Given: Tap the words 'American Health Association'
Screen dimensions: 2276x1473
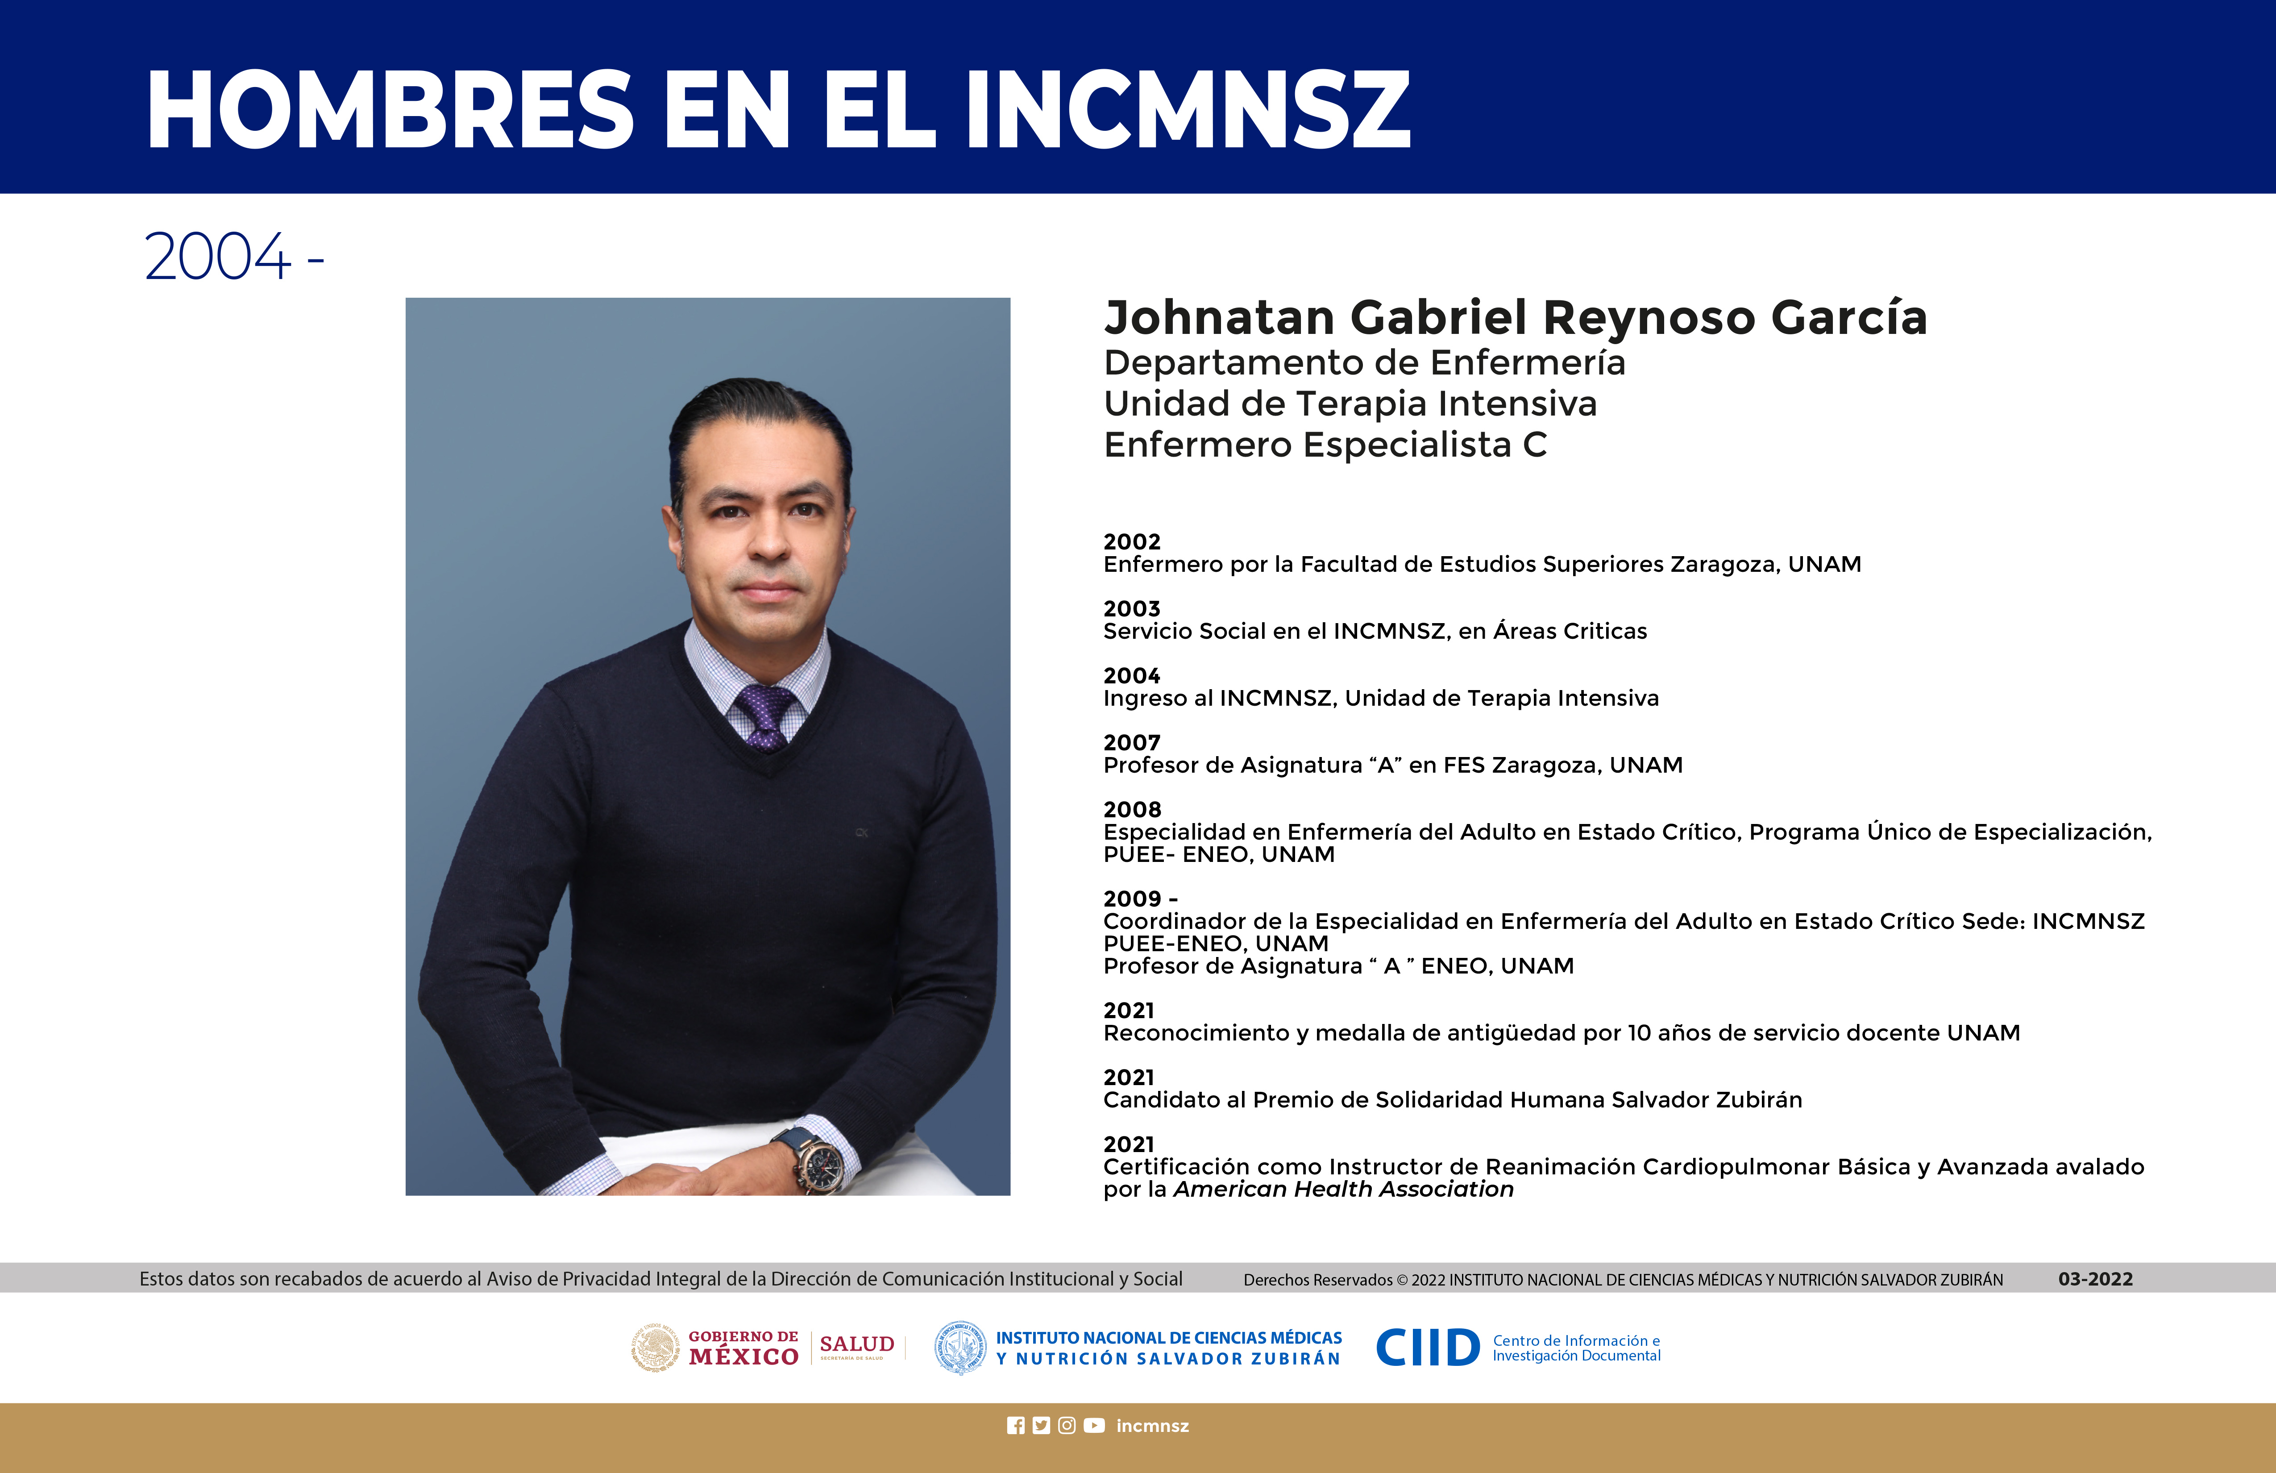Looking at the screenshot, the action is [1343, 1189].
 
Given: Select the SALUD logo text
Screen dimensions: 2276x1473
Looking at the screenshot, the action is [857, 1344].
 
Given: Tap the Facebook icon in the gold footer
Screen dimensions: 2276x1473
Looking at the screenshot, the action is [1016, 1425].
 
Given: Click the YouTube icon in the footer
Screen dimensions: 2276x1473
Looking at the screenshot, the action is [1094, 1425].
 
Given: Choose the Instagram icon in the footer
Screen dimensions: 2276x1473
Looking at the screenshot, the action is [1067, 1425].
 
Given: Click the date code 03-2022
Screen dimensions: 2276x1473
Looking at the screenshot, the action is [2095, 1279].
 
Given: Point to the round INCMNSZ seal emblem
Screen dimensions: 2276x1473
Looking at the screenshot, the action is [960, 1348].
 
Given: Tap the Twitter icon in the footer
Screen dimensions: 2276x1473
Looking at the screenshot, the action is [1042, 1425].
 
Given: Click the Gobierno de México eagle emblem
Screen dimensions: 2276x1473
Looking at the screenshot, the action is [655, 1348].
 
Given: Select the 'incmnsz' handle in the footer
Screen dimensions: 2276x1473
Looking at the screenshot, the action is [1152, 1425].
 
